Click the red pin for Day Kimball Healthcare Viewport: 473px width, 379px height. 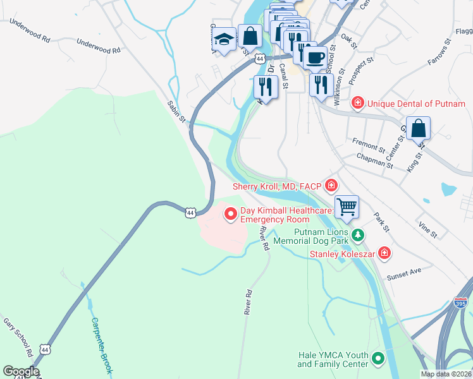(x=231, y=215)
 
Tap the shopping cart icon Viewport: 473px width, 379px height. (x=347, y=206)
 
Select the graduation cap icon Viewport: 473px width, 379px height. (x=223, y=39)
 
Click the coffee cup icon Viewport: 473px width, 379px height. (x=315, y=57)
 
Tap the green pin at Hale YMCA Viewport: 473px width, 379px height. (x=378, y=359)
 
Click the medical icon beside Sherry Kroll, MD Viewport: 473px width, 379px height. (x=331, y=186)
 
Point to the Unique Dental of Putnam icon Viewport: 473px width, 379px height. (x=358, y=102)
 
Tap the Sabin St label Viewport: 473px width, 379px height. (x=176, y=111)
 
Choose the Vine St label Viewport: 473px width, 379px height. (x=427, y=229)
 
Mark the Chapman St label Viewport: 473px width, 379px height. (x=375, y=160)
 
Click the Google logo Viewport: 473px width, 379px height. (x=20, y=371)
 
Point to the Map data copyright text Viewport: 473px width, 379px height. (x=446, y=374)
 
